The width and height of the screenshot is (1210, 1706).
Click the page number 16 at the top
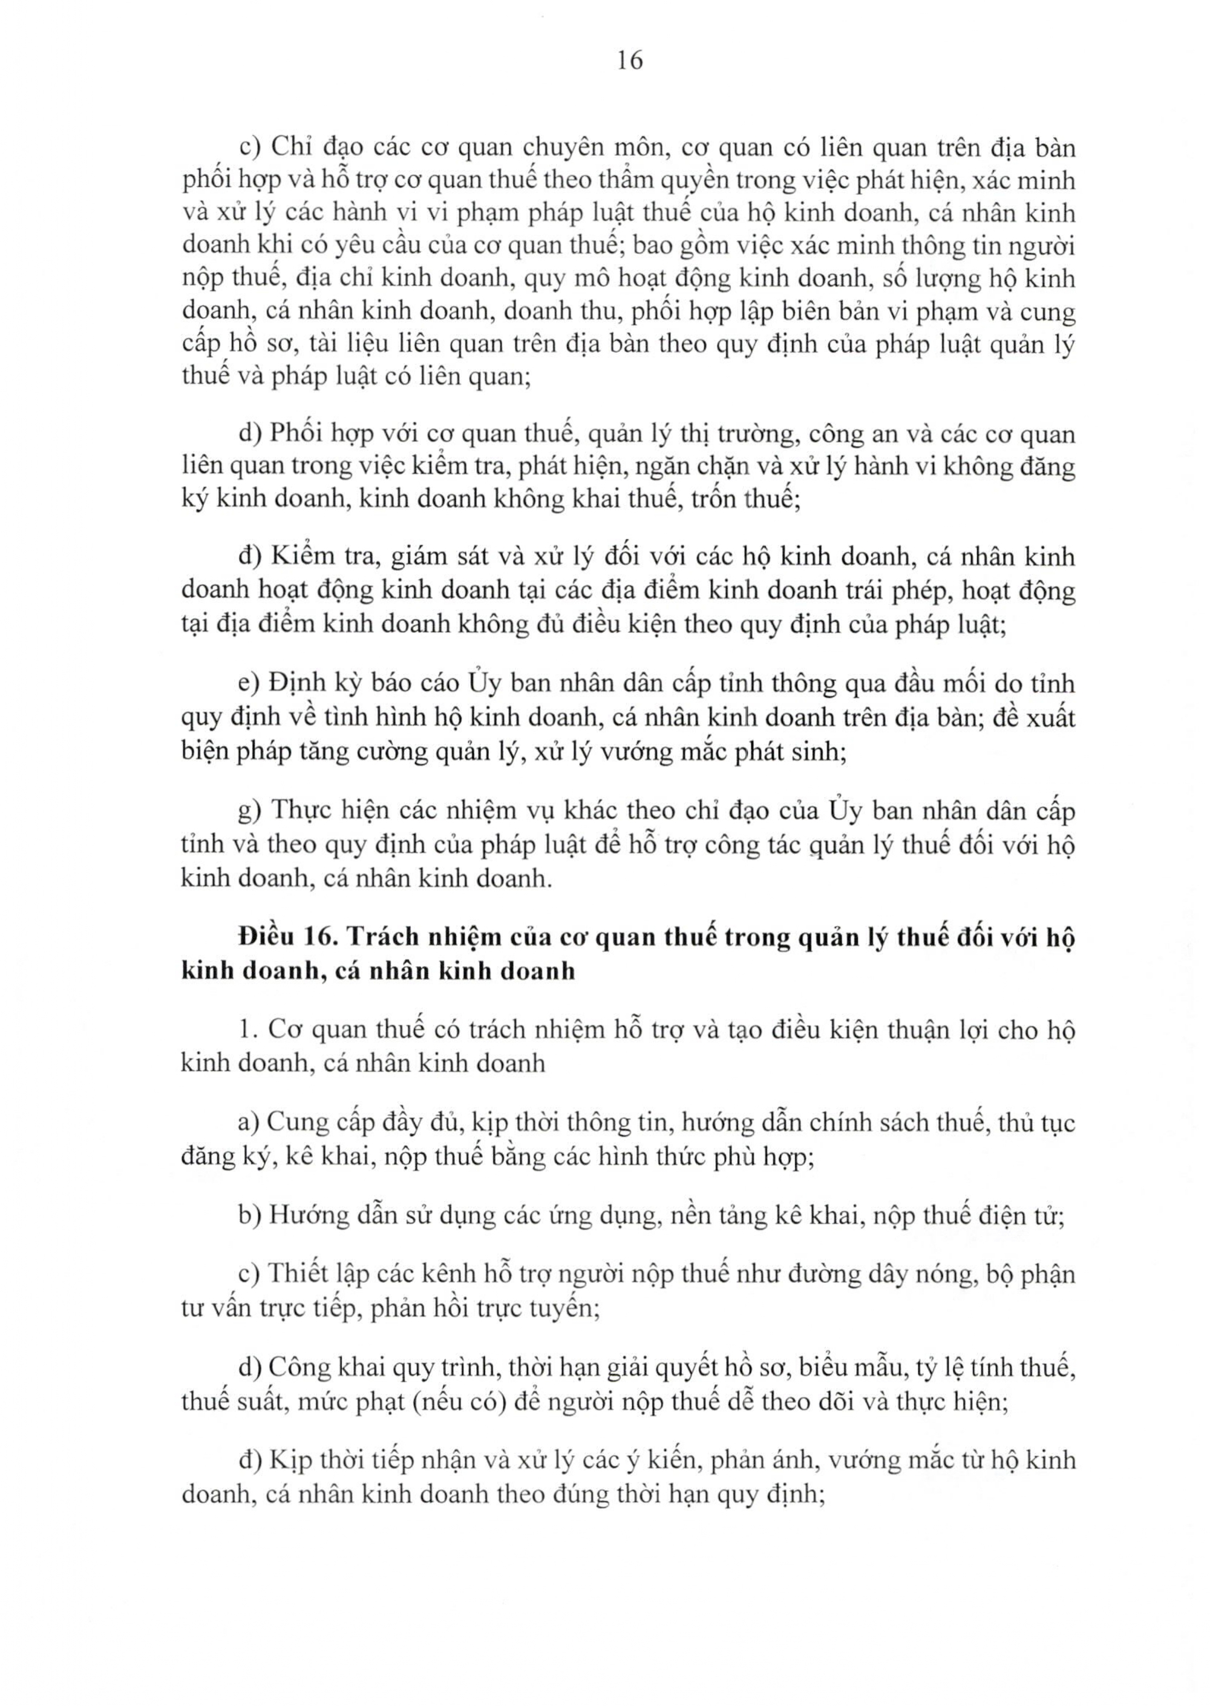pos(630,61)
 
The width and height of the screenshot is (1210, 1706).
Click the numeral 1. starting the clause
pos(248,1030)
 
